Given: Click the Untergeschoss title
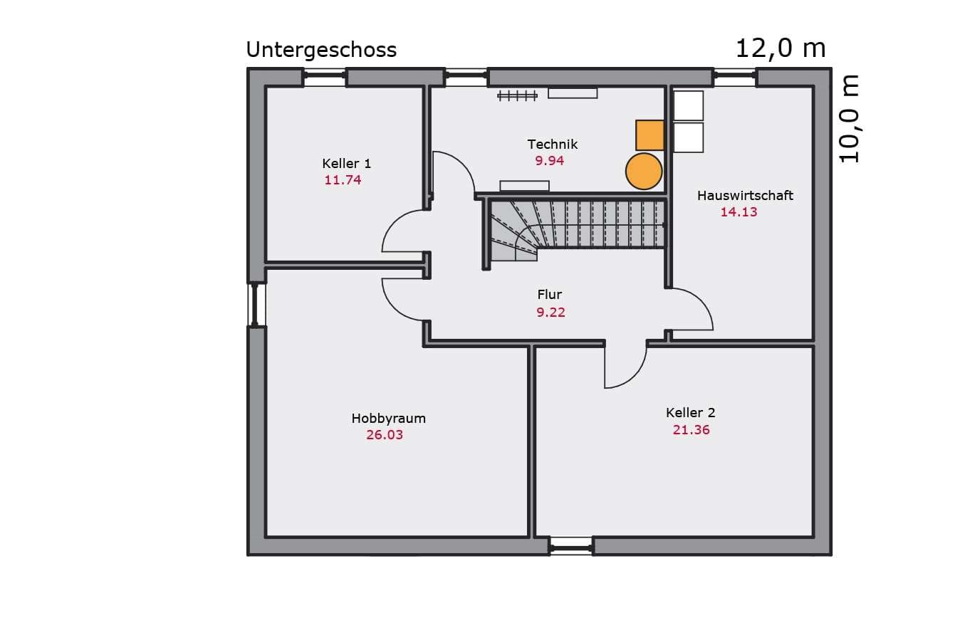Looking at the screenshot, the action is pos(321,50).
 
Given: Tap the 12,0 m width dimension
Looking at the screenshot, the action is pos(781,48).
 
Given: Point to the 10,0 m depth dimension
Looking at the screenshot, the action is pos(849,119).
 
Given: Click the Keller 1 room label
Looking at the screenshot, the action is pos(346,163).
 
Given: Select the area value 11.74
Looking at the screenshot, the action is pos(343,180).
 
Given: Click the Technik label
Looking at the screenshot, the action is pos(552,145).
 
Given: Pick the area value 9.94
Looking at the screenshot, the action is pos(549,161).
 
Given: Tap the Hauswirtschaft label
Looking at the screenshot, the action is pos(745,196).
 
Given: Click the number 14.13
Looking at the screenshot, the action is pos(739,212).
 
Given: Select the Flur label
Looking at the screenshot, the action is pos(549,295).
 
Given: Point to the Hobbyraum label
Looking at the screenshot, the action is pos(388,419).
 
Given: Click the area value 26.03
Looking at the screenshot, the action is pos(385,435).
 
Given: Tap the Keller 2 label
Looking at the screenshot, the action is pos(690,413).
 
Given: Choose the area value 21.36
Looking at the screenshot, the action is pos(691,430).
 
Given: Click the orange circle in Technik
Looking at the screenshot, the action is pos(644,172).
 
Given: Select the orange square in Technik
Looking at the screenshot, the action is pos(649,135).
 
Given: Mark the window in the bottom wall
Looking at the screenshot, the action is pos(571,547).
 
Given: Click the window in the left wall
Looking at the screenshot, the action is pos(256,305).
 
